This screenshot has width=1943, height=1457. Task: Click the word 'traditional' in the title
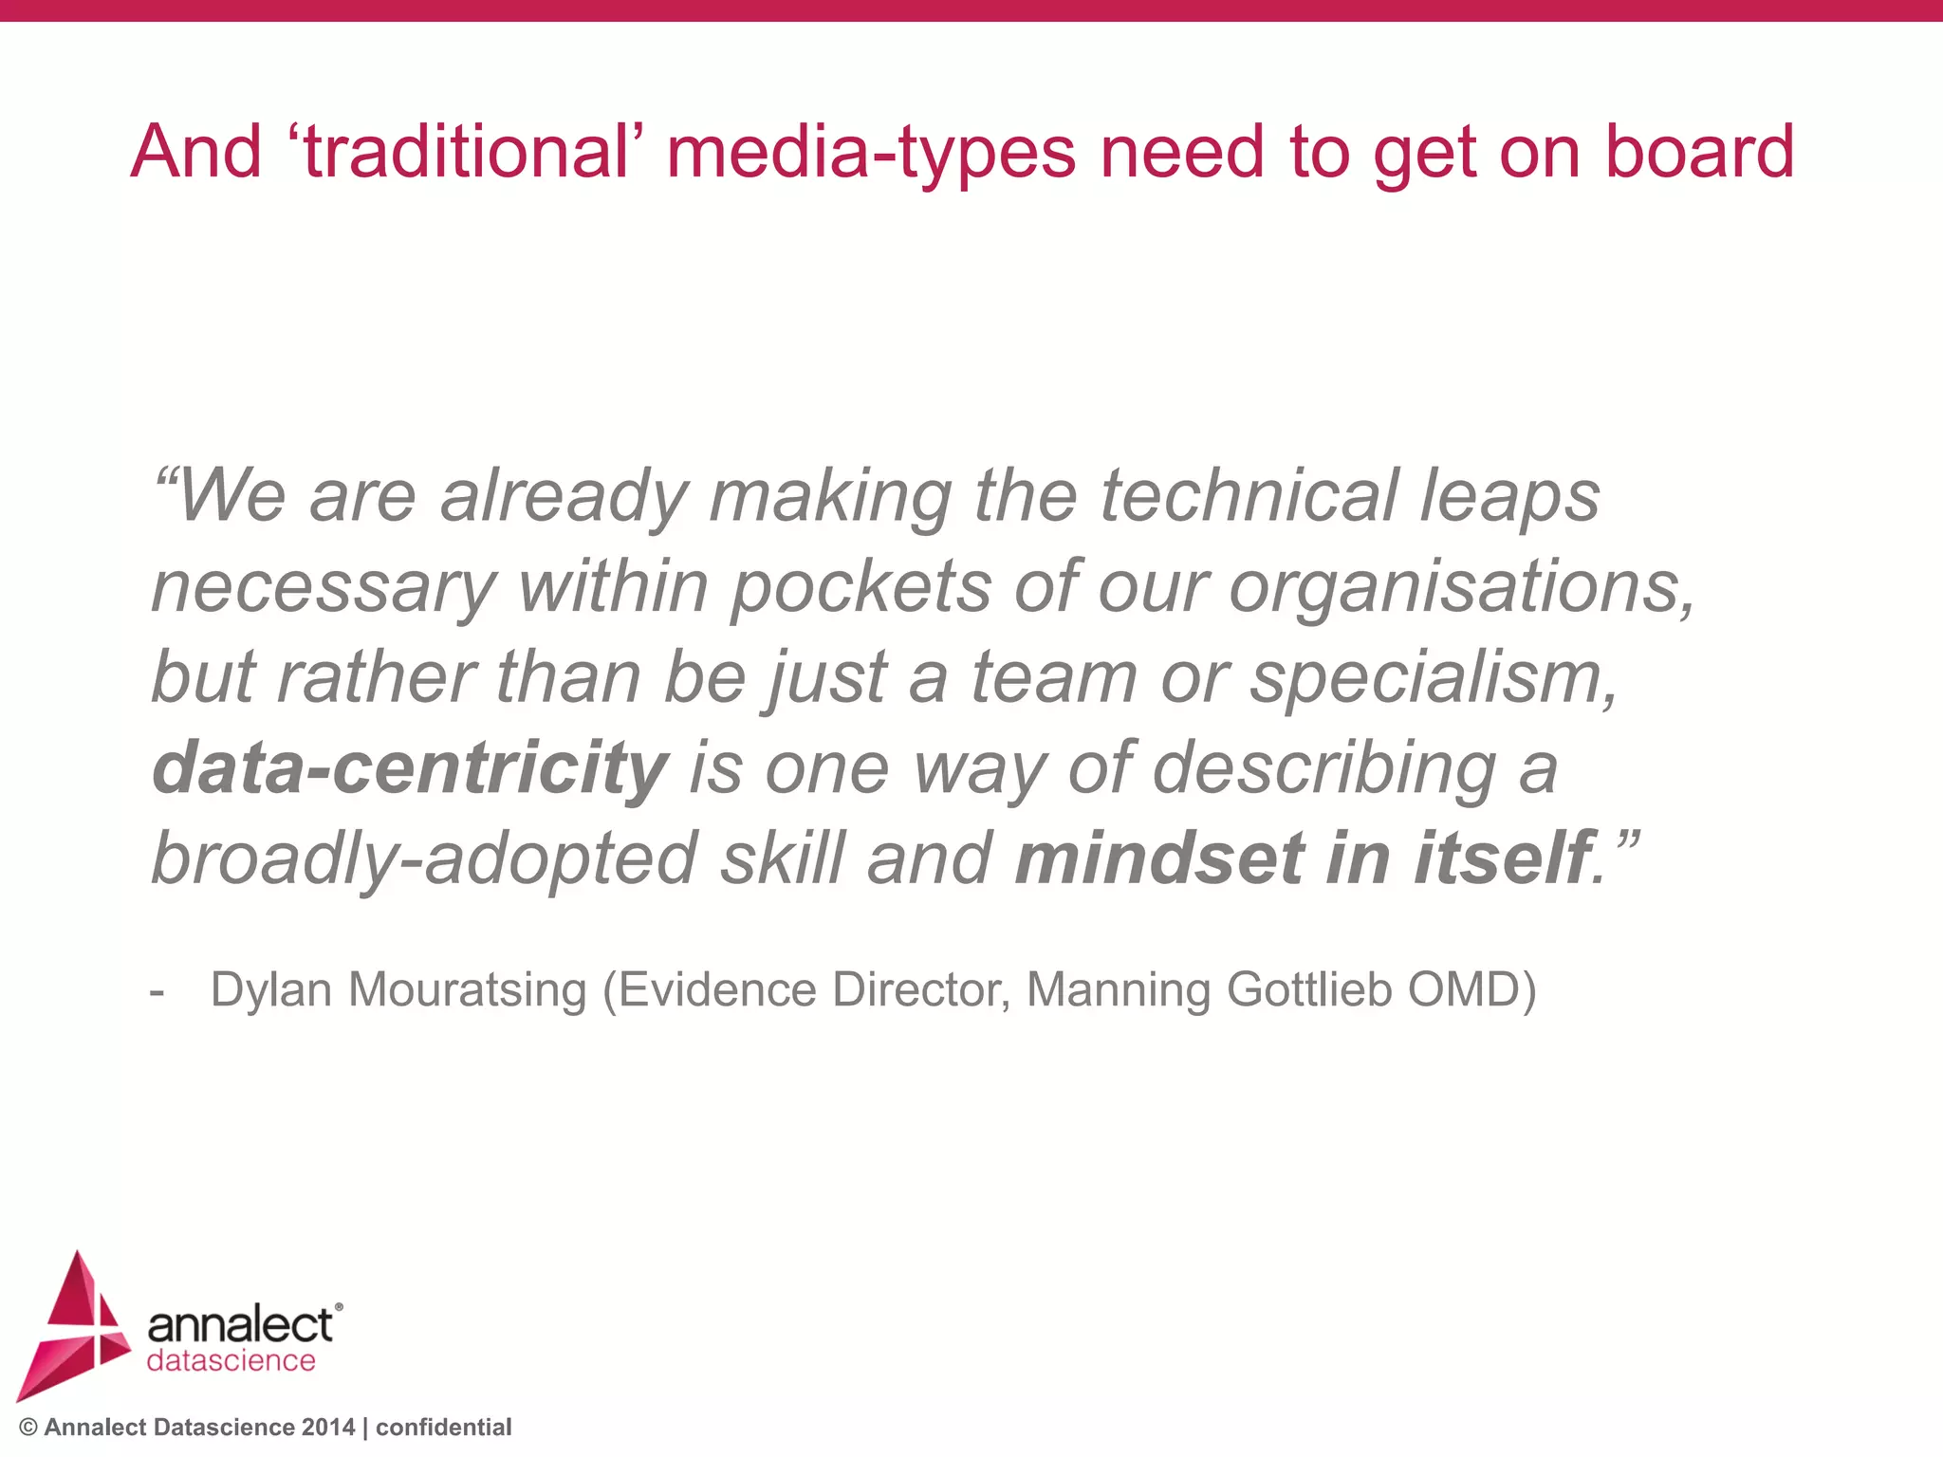465,152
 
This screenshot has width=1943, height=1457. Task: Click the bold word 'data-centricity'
410,768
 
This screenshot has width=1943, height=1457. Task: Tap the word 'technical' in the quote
1249,495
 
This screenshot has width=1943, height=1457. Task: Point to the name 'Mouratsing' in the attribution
468,990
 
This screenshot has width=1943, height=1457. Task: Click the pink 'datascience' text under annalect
231,1361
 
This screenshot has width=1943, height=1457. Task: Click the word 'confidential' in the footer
443,1428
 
